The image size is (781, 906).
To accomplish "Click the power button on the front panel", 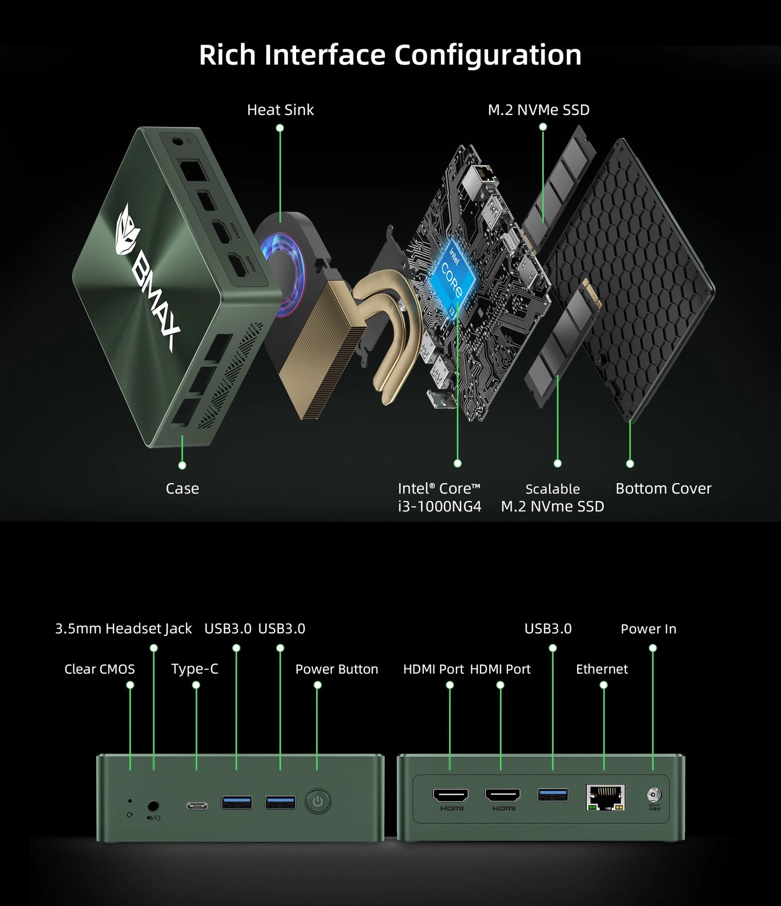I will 318,801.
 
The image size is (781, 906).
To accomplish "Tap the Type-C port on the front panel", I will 197,806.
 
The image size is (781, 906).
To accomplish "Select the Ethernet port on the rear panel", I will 605,797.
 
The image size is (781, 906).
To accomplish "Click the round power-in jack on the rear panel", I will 653,794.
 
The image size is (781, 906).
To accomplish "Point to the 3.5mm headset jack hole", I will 153,806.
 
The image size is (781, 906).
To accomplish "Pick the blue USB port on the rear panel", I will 552,794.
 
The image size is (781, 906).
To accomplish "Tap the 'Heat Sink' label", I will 280,110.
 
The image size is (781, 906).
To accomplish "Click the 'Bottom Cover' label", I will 663,488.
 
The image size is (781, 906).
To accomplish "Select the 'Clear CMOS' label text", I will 99,669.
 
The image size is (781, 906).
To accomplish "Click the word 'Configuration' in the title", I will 488,55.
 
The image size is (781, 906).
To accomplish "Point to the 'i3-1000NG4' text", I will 439,506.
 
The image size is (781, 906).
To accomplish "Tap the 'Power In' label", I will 648,628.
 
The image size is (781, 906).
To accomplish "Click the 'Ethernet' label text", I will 602,669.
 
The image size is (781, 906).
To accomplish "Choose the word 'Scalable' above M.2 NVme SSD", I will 552,489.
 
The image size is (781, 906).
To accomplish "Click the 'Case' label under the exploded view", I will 182,488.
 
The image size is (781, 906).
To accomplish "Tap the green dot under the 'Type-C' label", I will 196,685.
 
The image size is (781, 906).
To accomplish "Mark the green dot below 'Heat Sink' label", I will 280,128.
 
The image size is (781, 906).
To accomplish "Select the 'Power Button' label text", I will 336,669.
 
